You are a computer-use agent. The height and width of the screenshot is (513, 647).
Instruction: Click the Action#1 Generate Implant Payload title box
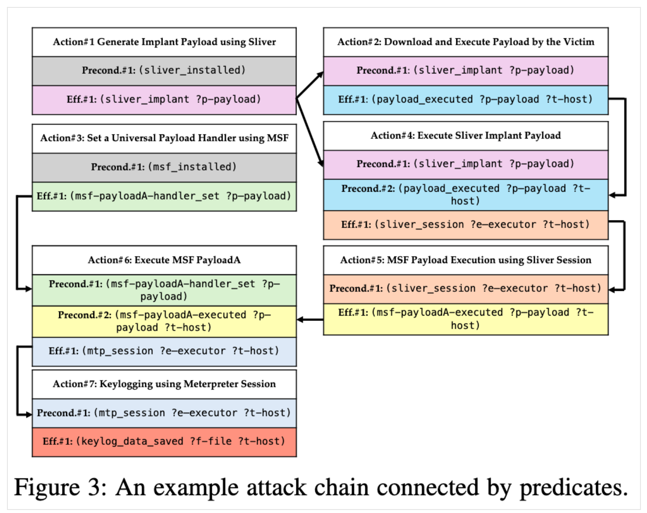pyautogui.click(x=164, y=42)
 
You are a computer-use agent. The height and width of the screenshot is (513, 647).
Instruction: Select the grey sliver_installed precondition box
pyautogui.click(x=164, y=70)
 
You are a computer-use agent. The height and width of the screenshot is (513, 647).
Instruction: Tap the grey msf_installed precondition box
pyautogui.click(x=164, y=167)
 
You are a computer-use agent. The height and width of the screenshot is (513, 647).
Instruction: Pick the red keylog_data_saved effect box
pyautogui.click(x=164, y=442)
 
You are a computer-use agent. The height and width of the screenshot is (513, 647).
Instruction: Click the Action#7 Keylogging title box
pyautogui.click(x=164, y=384)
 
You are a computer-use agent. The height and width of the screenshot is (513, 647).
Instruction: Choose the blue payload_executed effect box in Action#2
pyautogui.click(x=465, y=100)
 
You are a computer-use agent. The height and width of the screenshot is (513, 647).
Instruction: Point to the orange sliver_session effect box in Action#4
pyautogui.click(x=465, y=225)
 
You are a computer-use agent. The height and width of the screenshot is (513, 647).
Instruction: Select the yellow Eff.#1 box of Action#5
pyautogui.click(x=465, y=319)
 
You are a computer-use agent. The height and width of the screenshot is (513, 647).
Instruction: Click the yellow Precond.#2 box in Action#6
pyautogui.click(x=164, y=321)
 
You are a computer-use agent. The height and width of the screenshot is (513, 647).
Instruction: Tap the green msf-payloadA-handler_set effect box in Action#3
pyautogui.click(x=164, y=197)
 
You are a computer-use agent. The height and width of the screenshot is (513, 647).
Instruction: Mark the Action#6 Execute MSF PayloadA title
pyautogui.click(x=164, y=260)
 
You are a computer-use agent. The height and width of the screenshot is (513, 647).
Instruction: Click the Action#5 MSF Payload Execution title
pyautogui.click(x=465, y=260)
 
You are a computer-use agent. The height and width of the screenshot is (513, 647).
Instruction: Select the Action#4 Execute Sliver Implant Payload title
pyautogui.click(x=465, y=136)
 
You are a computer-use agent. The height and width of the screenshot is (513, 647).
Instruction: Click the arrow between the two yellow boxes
pyautogui.click(x=310, y=320)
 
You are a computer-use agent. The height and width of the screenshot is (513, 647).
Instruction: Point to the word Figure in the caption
pyautogui.click(x=47, y=488)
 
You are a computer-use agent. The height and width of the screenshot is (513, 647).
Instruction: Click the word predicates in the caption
pyautogui.click(x=574, y=488)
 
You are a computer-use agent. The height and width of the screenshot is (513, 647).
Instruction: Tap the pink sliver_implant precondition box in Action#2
pyautogui.click(x=465, y=70)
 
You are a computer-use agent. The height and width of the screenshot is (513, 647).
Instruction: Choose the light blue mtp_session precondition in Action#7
pyautogui.click(x=164, y=413)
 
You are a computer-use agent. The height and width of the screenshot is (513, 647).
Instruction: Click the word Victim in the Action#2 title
pyautogui.click(x=579, y=42)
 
